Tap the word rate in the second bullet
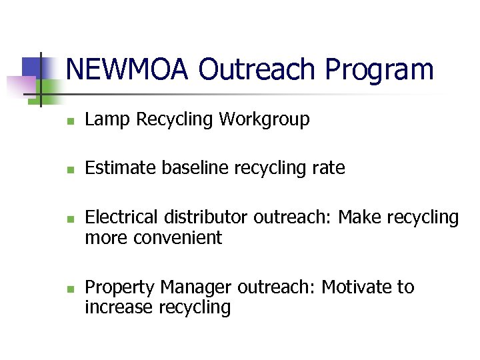330,168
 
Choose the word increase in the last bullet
119,307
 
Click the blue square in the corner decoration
31,67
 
